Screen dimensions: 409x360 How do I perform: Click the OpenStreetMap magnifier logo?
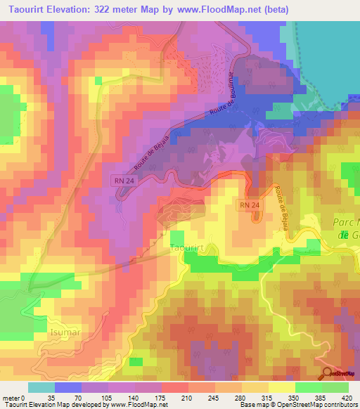point(328,373)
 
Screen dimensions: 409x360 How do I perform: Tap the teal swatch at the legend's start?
point(41,388)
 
